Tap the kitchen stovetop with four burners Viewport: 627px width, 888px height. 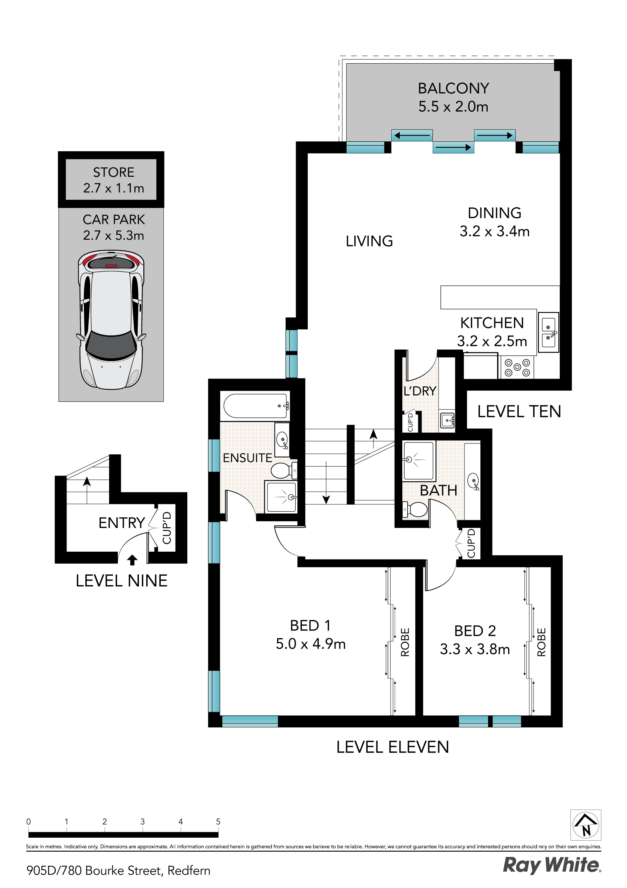pyautogui.click(x=517, y=367)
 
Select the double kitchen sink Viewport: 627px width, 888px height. pyautogui.click(x=548, y=332)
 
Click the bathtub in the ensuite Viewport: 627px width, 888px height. pyautogui.click(x=256, y=406)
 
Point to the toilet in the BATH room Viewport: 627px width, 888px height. pyautogui.click(x=416, y=509)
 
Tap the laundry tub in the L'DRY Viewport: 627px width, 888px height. pyautogui.click(x=447, y=420)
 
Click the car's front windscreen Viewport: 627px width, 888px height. pyautogui.click(x=111, y=344)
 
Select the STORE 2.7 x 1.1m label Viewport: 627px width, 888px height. pyautogui.click(x=113, y=180)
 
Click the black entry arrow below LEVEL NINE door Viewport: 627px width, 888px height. pyautogui.click(x=132, y=560)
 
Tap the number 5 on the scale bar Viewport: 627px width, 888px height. pyautogui.click(x=218, y=821)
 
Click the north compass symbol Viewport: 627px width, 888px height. pyautogui.click(x=586, y=825)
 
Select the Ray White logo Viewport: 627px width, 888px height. pyautogui.click(x=551, y=865)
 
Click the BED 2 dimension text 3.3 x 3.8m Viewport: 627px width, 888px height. pyautogui.click(x=475, y=649)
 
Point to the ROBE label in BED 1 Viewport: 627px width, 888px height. pyautogui.click(x=405, y=642)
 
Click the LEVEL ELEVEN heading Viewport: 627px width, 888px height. pyautogui.click(x=392, y=747)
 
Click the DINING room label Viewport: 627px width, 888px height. pyautogui.click(x=494, y=213)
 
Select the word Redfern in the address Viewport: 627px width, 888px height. pyautogui.click(x=189, y=871)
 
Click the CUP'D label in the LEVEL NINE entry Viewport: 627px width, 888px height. pyautogui.click(x=167, y=528)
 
